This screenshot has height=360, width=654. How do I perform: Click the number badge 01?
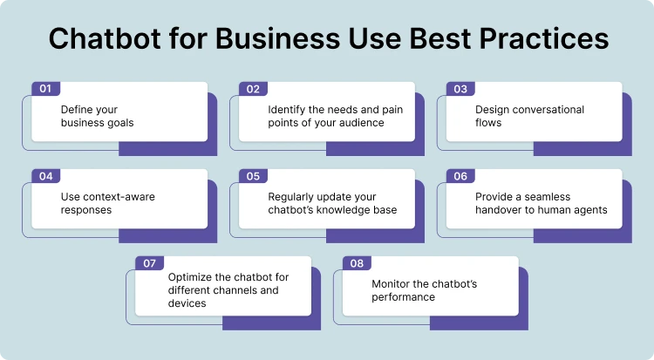coord(46,89)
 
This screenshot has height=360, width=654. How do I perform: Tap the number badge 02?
coord(254,89)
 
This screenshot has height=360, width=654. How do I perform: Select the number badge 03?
coord(461,89)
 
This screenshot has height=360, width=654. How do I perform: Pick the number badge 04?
coord(46,176)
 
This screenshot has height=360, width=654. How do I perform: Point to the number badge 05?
coord(254,176)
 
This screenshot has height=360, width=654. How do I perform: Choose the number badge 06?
coord(461,176)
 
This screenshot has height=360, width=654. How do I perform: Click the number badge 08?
coord(358,263)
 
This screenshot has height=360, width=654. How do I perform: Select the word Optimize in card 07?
coord(189,277)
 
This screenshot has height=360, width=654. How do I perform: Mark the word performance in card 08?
coord(404,297)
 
